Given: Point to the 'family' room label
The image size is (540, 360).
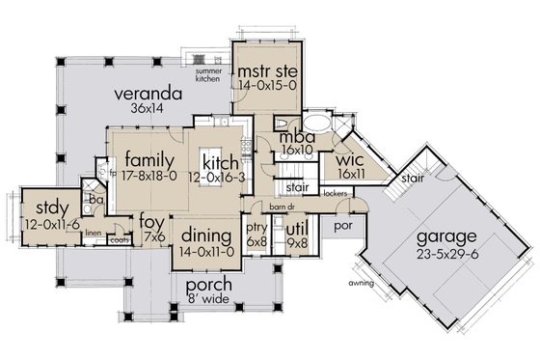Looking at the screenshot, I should [x=148, y=158].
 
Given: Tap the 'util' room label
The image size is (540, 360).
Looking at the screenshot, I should [x=297, y=228].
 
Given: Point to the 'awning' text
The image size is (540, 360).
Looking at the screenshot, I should [x=361, y=284].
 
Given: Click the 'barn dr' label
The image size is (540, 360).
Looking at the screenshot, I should [x=281, y=207].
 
